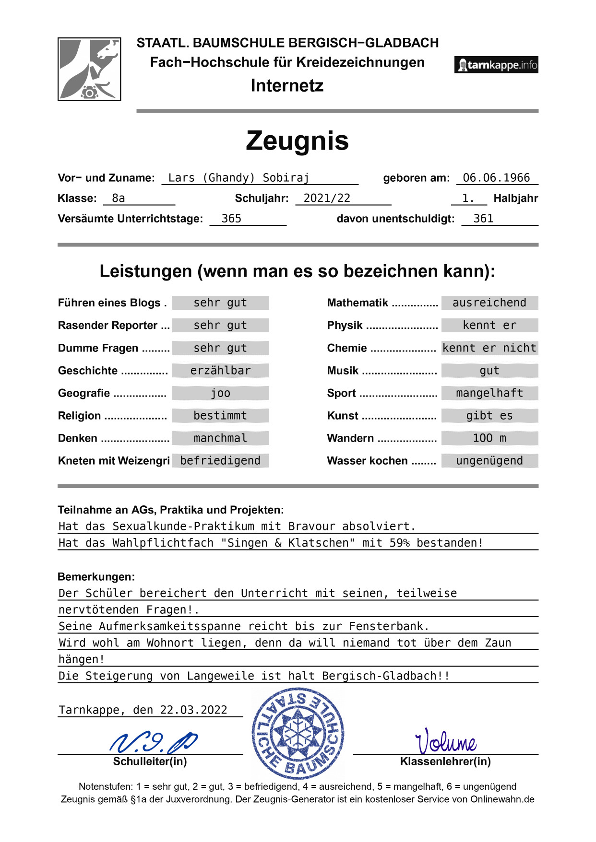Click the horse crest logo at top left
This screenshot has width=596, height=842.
[89, 69]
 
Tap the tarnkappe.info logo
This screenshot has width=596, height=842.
[496, 65]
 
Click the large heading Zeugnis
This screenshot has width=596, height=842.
[297, 141]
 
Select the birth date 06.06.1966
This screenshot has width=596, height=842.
[496, 178]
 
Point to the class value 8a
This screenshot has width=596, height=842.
[119, 199]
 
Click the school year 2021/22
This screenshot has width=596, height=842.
[327, 199]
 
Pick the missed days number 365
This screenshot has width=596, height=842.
[231, 219]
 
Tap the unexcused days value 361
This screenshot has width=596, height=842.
[483, 219]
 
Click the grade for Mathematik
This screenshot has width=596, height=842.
[489, 303]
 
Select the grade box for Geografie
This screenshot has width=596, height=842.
[221, 394]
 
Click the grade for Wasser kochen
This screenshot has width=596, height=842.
[489, 461]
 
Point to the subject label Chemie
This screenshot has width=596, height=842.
[347, 348]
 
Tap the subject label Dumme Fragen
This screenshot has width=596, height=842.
[98, 348]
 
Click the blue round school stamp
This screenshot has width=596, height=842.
[298, 733]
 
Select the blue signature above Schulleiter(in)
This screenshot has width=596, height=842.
[154, 742]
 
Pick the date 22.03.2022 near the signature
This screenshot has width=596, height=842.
[193, 710]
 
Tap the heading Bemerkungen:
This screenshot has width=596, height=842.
[96, 577]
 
